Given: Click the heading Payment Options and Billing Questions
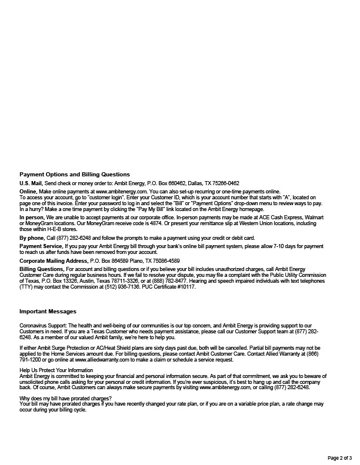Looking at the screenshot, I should pyautogui.click(x=75, y=175).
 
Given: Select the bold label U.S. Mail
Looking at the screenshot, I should pyautogui.click(x=31, y=183).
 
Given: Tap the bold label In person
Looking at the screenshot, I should pyautogui.click(x=32, y=217).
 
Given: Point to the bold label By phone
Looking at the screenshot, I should pyautogui.click(x=32, y=237).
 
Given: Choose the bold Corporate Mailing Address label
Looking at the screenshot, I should pyautogui.click(x=54, y=260).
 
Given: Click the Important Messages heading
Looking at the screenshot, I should pyautogui.click(x=48, y=311).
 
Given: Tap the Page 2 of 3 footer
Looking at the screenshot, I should pyautogui.click(x=339, y=457).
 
